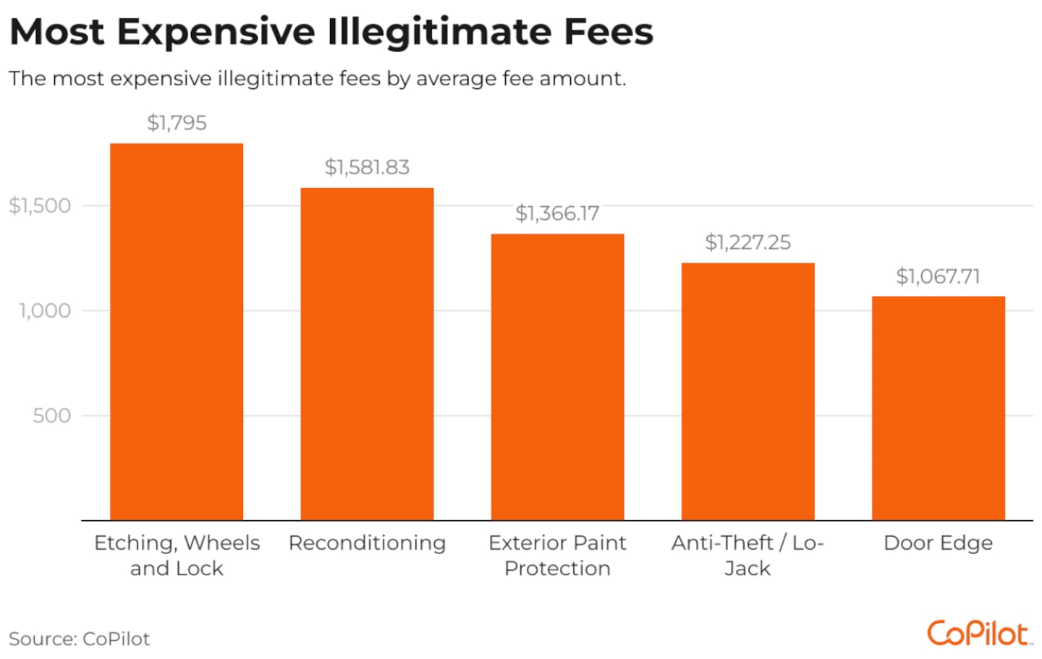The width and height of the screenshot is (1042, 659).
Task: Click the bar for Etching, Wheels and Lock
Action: pos(177,331)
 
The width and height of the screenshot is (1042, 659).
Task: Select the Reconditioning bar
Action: pos(367,354)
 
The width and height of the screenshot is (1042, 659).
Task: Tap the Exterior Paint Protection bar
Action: pos(557,376)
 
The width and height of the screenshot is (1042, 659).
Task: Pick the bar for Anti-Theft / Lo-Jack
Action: pos(747,391)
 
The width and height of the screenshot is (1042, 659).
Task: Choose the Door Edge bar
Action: pos(938,407)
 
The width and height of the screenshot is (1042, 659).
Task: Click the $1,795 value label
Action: pos(177,123)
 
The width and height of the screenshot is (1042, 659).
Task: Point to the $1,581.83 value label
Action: pos(367,168)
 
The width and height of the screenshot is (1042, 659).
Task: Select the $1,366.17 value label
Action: pos(557,213)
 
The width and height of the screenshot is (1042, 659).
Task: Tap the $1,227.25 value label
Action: pos(747,242)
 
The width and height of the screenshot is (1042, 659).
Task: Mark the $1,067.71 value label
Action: pos(938,276)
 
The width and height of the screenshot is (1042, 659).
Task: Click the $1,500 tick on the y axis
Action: pos(40,205)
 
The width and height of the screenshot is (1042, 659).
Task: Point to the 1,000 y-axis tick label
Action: pos(45,311)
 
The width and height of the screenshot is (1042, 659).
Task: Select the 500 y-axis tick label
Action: pos(51,416)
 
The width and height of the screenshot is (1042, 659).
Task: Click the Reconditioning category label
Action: pos(367,543)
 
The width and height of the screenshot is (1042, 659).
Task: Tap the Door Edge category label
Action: pos(938,543)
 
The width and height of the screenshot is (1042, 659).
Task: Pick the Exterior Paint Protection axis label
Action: pos(557,556)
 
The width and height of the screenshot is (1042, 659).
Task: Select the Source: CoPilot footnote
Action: pos(80,639)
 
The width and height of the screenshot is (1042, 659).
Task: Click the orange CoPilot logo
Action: pos(979,634)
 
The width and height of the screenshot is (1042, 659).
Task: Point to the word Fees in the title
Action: pos(609,32)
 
